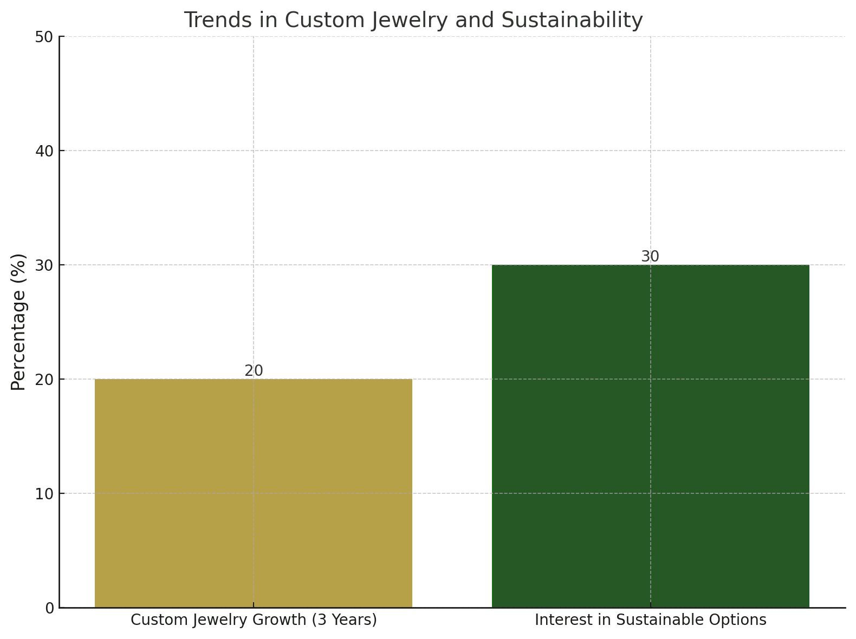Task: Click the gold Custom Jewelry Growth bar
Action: [254, 493]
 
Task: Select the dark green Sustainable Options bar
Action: [650, 436]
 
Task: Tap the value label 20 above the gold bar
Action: [254, 371]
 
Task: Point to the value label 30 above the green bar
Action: [650, 257]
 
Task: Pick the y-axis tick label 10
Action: [46, 494]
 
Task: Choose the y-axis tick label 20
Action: [46, 380]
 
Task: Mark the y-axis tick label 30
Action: [46, 265]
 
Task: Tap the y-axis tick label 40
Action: [46, 151]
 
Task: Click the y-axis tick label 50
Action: [46, 37]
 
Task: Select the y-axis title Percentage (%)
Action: [19, 322]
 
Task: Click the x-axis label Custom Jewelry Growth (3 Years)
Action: [254, 620]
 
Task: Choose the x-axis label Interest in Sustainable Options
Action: [650, 620]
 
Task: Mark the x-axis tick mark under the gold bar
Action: [254, 605]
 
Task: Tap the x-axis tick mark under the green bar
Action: [650, 605]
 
